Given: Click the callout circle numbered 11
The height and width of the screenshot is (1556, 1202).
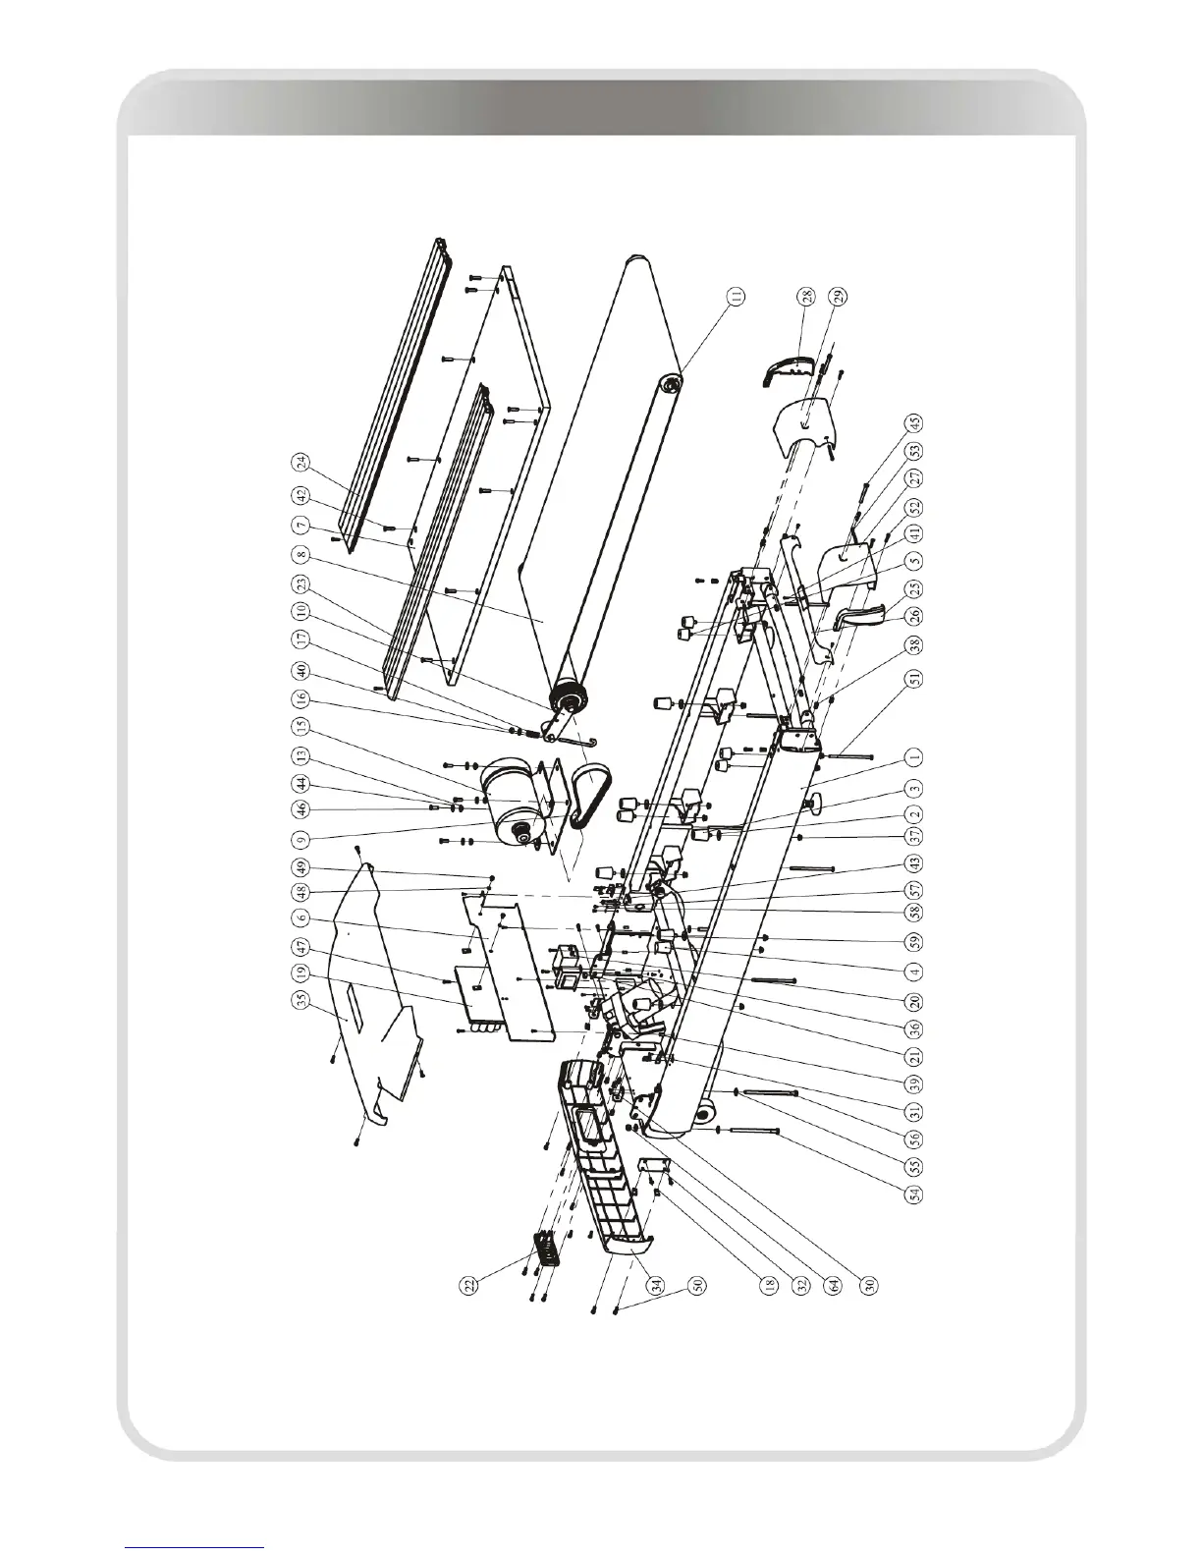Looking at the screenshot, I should click(737, 294).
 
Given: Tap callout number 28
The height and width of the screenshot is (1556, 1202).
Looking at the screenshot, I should click(805, 294).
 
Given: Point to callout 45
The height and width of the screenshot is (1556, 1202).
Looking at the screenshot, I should click(914, 423).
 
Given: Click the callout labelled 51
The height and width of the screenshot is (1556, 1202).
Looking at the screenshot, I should click(914, 677).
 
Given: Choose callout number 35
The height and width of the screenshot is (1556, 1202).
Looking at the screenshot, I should click(300, 526).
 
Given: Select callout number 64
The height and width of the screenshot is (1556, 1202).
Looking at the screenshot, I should click(834, 1284).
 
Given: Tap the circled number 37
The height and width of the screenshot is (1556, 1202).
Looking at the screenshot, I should click(914, 836).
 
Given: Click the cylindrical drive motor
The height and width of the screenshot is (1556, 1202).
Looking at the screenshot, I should click(511, 796).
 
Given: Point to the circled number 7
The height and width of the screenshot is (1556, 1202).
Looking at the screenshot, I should click(300, 526).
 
